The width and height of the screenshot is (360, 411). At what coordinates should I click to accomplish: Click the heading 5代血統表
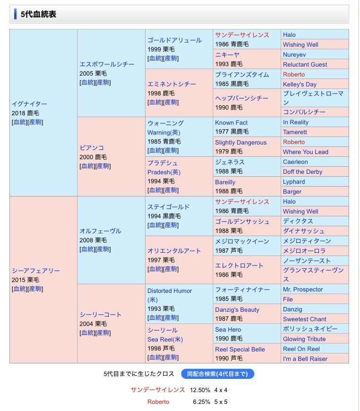pyautogui.click(x=38, y=14)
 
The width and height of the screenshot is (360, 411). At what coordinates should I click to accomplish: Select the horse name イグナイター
pyautogui.click(x=30, y=103)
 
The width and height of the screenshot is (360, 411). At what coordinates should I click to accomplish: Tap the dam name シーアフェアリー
pyautogui.click(x=36, y=271)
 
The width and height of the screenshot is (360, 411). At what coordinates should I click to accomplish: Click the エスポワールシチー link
pyautogui.click(x=107, y=64)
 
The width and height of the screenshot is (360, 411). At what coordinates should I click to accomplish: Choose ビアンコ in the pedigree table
pyautogui.click(x=92, y=147)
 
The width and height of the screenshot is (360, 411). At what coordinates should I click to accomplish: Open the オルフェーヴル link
pyautogui.click(x=100, y=231)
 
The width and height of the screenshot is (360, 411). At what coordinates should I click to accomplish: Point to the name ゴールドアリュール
pyautogui.click(x=174, y=40)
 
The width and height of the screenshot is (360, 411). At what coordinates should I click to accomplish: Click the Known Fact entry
pyautogui.click(x=231, y=122)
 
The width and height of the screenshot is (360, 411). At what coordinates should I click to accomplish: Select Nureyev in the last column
pyautogui.click(x=294, y=54)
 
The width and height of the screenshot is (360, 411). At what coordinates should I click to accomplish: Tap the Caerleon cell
pyautogui.click(x=295, y=162)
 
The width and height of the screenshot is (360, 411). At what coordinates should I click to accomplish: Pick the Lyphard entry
pyautogui.click(x=294, y=182)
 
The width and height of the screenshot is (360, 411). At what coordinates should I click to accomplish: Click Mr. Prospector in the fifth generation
pyautogui.click(x=303, y=289)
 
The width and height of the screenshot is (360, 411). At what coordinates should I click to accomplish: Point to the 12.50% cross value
pyautogui.click(x=200, y=390)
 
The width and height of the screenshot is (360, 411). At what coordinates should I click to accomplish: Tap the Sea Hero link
pyautogui.click(x=228, y=329)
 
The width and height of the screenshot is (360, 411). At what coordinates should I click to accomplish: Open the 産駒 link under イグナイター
pyautogui.click(x=35, y=122)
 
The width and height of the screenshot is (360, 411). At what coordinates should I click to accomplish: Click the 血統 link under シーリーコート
pyautogui.click(x=87, y=333)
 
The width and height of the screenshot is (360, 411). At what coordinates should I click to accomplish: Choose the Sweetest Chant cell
pyautogui.click(x=304, y=319)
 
